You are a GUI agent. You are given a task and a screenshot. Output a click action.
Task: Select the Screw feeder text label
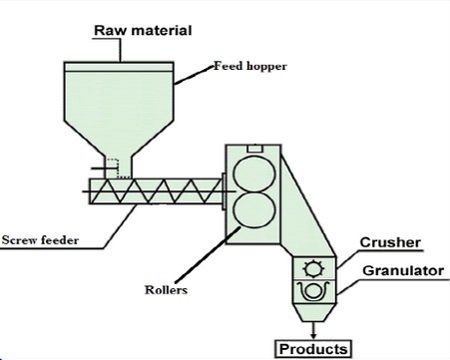[x=40, y=240]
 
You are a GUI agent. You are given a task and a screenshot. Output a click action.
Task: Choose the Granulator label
[x=398, y=269]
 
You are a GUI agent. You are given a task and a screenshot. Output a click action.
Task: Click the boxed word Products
[x=313, y=348]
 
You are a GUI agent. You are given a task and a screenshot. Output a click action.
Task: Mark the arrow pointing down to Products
[x=315, y=329]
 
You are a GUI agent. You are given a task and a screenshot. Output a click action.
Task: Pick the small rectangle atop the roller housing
[x=255, y=149]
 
